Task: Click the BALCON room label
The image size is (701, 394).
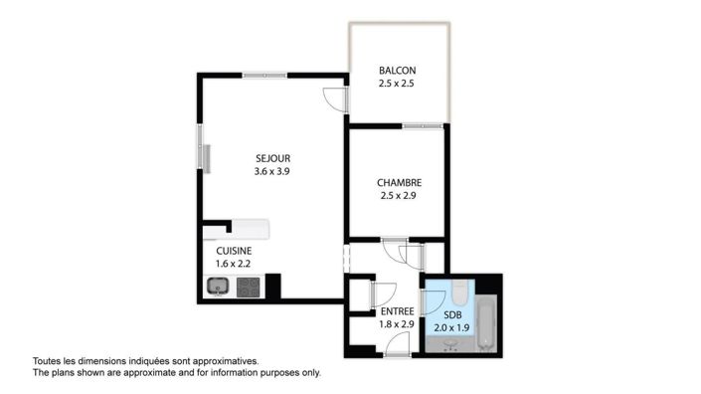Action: (x=397, y=71)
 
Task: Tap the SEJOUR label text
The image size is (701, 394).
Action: (x=272, y=158)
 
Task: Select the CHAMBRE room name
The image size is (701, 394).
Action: (x=400, y=182)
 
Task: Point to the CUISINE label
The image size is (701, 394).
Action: (x=234, y=251)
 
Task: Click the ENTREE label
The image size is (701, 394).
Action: (x=398, y=311)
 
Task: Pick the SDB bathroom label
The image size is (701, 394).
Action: (x=452, y=315)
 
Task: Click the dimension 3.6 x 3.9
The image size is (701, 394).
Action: (x=271, y=171)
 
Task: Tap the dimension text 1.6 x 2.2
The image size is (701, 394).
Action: (x=233, y=264)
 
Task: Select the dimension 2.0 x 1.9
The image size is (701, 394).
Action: (x=451, y=327)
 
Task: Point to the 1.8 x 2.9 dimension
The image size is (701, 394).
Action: (x=397, y=324)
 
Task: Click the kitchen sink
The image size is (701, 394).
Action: (x=218, y=287)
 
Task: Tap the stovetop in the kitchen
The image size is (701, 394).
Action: (x=249, y=288)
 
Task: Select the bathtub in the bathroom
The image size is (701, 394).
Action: (x=486, y=323)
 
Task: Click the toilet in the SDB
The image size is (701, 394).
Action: (x=459, y=293)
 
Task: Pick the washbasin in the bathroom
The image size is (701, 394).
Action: (x=450, y=345)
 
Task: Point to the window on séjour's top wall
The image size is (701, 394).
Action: (x=264, y=76)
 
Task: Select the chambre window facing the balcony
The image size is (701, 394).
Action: (x=423, y=126)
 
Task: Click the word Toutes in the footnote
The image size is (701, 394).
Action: (x=46, y=361)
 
